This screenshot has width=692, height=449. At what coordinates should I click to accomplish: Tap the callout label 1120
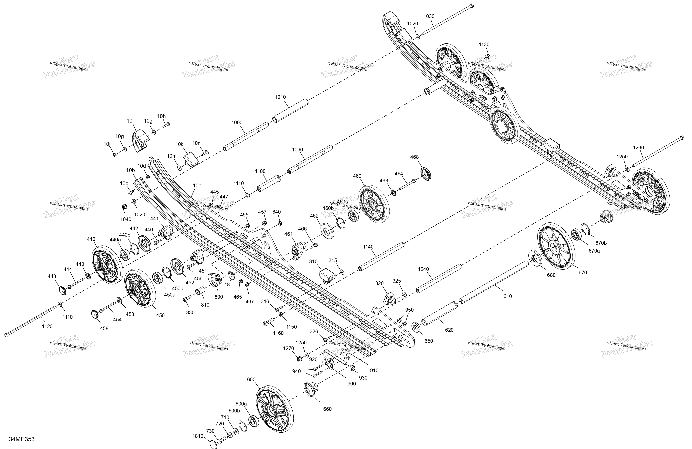click(x=47, y=326)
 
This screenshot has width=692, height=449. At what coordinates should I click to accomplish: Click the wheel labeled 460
click(x=374, y=204)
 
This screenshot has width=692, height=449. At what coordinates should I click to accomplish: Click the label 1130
click(x=484, y=45)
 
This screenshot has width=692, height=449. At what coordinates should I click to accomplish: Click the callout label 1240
click(x=423, y=269)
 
